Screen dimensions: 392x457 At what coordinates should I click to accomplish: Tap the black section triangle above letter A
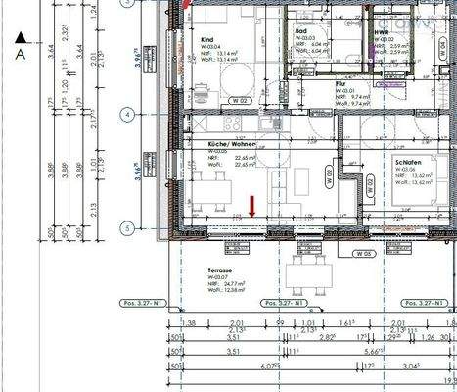pos(21,39)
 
